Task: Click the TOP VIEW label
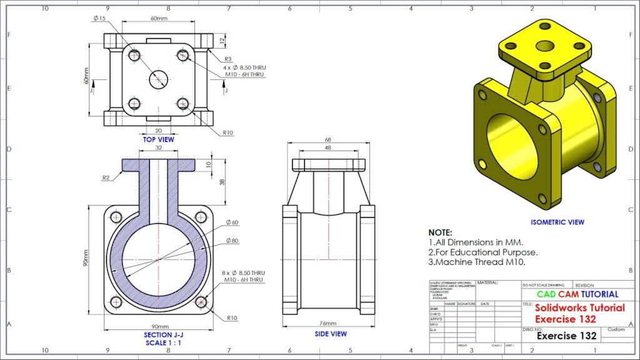tap(158, 139)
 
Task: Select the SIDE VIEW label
tap(331, 334)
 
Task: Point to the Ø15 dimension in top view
tap(99, 18)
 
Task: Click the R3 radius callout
tap(228, 59)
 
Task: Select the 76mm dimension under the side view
tap(329, 324)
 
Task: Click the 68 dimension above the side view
tap(329, 140)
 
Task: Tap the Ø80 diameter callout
tap(232, 241)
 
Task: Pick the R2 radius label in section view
tap(107, 177)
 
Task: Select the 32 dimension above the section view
tap(158, 149)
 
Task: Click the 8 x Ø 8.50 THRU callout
tap(244, 273)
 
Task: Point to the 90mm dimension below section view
tap(160, 326)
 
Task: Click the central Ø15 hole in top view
tap(159, 79)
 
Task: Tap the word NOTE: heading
tap(440, 232)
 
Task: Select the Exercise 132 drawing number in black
tap(567, 336)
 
